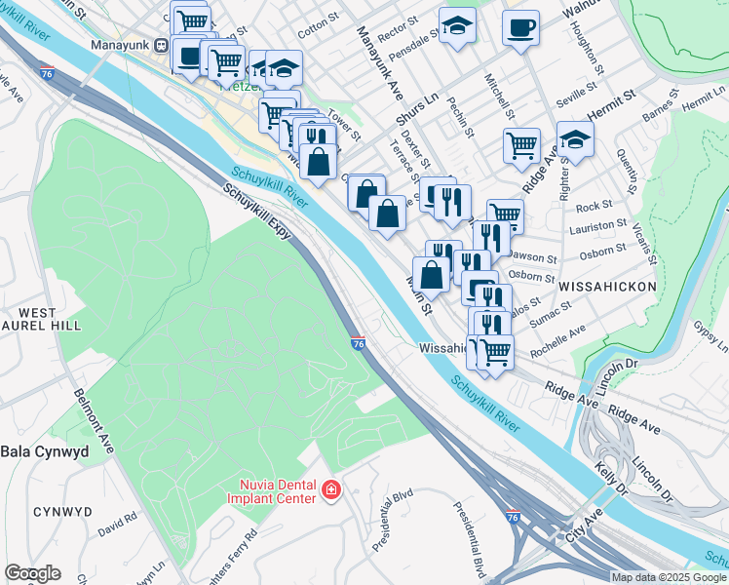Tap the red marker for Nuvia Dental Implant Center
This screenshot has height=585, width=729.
point(332,489)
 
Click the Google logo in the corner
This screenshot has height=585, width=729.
point(32,573)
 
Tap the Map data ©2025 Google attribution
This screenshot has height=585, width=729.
point(669,577)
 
